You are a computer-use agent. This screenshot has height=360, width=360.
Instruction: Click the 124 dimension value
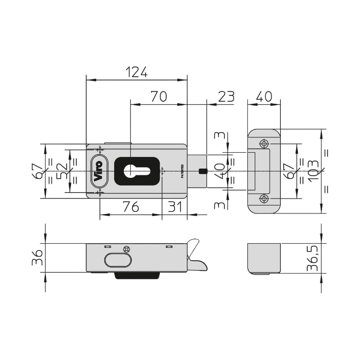pos(137,72)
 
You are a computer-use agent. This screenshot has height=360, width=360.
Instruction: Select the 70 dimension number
pos(158,97)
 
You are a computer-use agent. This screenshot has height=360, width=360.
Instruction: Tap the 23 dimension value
pos(226,97)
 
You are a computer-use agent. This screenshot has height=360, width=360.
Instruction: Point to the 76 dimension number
pos(131,207)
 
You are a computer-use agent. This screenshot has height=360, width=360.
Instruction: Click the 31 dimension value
pos(175,207)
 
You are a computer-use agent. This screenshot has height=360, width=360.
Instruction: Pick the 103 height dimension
pos(313,171)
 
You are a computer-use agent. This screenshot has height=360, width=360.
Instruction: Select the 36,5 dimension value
pos(313,258)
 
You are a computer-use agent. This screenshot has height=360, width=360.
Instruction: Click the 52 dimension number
pos(62,171)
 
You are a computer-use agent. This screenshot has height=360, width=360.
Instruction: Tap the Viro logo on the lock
pos(99,171)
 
